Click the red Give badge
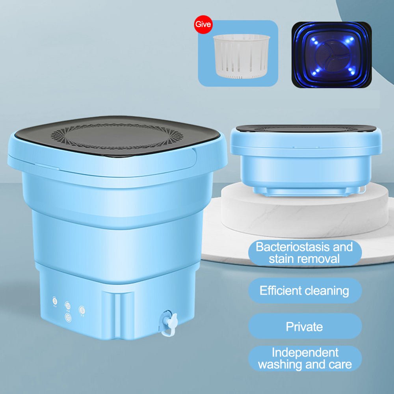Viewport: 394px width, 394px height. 203,25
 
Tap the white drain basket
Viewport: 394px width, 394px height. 241,55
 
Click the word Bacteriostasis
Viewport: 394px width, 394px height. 291,247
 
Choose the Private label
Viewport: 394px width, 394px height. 304,327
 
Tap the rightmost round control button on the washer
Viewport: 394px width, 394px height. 82,309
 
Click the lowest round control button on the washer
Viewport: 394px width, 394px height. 68,317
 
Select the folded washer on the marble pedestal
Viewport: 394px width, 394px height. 305,160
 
